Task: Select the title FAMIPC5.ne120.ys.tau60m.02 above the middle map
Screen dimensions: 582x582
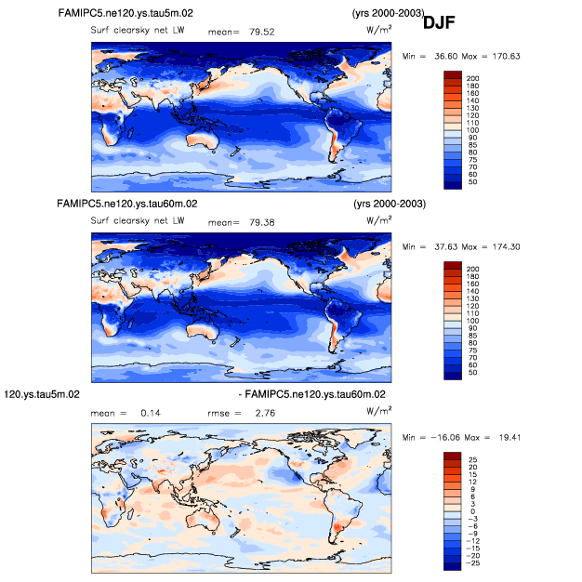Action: coord(126,203)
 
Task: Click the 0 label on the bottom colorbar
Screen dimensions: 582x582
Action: coord(472,511)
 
